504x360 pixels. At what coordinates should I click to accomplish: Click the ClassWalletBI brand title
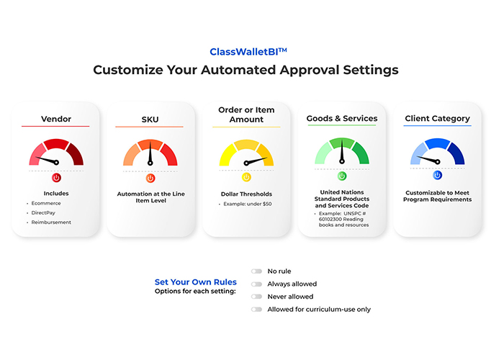click(x=248, y=51)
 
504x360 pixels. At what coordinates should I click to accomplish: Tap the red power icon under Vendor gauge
click(x=56, y=177)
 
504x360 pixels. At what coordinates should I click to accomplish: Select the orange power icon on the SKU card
click(x=150, y=178)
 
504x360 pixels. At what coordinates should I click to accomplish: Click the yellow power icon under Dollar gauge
click(x=246, y=177)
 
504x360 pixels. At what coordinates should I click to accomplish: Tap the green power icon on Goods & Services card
click(x=342, y=176)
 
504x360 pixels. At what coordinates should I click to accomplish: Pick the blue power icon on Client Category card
click(x=437, y=175)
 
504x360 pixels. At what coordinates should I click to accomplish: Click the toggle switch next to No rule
click(x=256, y=271)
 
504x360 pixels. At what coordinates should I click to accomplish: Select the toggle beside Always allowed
click(x=256, y=284)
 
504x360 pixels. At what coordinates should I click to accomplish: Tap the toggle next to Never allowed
click(x=256, y=297)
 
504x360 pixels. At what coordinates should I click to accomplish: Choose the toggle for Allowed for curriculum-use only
click(x=256, y=310)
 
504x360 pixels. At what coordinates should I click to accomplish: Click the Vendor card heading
click(x=56, y=119)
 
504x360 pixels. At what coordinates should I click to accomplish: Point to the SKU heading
click(x=150, y=120)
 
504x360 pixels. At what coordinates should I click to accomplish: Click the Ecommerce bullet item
click(x=46, y=203)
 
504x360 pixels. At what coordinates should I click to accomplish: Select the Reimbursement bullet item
click(x=51, y=222)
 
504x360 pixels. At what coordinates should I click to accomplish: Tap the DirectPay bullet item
click(x=43, y=213)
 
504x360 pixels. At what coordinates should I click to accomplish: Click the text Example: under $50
click(x=248, y=204)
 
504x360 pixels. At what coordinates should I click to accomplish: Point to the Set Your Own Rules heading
click(x=195, y=282)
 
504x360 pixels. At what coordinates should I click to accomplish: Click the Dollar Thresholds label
click(x=246, y=194)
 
